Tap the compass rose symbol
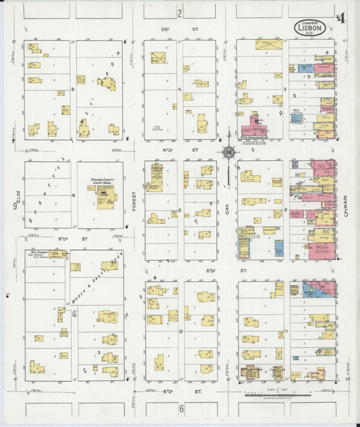229,153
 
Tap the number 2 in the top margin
180,13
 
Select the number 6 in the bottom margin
181,408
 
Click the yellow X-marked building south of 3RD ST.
157,57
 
